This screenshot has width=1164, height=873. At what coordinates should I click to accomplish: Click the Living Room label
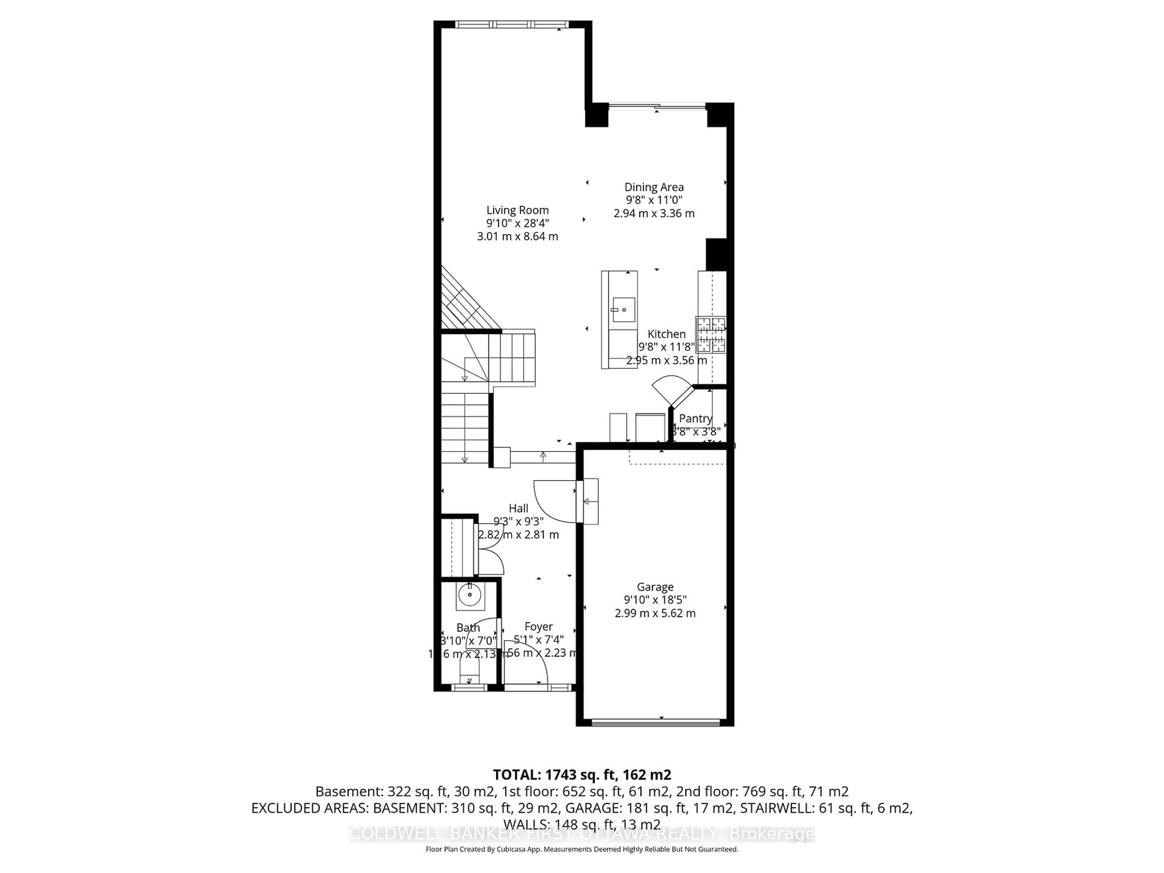pos(517,210)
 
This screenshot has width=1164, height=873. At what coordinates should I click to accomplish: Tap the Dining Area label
pos(654,187)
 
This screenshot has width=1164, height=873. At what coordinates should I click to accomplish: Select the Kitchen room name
pos(666,334)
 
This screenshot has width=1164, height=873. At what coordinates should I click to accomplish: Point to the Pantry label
pos(695,418)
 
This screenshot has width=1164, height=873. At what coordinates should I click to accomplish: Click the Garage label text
pos(655,587)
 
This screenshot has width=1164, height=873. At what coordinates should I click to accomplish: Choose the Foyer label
pos(538,626)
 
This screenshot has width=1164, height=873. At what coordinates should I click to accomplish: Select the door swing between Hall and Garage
pos(555,500)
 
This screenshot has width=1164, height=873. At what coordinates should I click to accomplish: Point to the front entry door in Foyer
pos(526,668)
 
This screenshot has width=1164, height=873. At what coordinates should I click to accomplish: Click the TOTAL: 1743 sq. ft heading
pos(581,774)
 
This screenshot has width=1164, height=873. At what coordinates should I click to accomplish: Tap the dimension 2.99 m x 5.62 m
pos(655,613)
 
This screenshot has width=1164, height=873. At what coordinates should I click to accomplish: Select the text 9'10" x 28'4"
pos(517,223)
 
